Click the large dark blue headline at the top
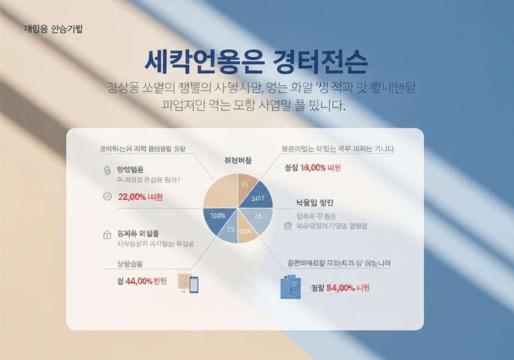point(255,63)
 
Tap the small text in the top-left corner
point(53,29)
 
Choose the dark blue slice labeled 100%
point(217,217)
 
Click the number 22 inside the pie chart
point(230,229)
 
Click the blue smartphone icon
point(194,284)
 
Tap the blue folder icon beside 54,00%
point(290,287)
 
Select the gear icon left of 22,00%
point(106,197)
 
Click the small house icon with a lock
point(106,234)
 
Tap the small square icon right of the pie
point(288,226)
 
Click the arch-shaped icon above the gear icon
point(106,170)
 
